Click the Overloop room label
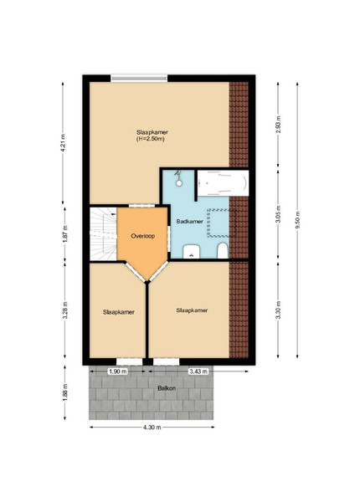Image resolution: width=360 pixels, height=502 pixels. click(143, 236)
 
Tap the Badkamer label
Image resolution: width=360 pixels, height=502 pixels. click(189, 221)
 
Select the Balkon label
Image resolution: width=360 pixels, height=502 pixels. click(167, 388)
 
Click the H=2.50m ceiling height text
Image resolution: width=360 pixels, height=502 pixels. click(151, 139)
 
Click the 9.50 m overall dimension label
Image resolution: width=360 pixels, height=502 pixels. click(297, 220)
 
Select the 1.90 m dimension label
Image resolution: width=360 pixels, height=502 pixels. click(118, 371)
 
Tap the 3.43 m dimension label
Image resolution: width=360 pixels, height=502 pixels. click(198, 371)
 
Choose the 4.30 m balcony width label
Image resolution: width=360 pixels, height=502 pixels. click(152, 427)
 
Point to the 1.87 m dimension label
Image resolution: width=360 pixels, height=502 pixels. click(65, 234)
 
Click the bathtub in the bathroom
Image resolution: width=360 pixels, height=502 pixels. click(223, 182)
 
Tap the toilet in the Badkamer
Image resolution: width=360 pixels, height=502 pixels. click(222, 251)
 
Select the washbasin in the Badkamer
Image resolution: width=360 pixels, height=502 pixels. click(192, 251)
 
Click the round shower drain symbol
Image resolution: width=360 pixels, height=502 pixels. click(179, 183)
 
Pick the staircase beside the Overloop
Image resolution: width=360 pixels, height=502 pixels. click(103, 234)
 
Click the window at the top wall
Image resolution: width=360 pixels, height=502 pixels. click(139, 78)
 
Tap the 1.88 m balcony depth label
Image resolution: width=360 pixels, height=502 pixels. click(65, 393)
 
